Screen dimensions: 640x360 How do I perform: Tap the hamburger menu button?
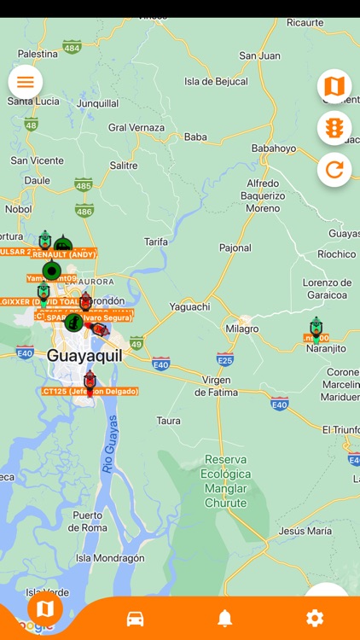point(26,82)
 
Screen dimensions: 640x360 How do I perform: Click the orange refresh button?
point(334,170)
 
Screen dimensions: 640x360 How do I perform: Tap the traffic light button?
point(334,128)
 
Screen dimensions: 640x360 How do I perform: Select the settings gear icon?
point(315,619)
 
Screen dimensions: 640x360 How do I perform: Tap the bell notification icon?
point(225,619)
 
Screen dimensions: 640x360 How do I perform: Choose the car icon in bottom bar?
point(135,619)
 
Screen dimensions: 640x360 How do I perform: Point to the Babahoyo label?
point(274,148)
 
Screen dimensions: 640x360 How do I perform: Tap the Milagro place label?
point(242,329)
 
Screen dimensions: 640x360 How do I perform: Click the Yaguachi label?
point(189,306)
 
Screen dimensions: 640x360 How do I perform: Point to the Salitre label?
point(124,166)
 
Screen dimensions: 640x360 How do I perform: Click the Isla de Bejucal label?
point(216,82)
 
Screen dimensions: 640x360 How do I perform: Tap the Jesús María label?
point(306,531)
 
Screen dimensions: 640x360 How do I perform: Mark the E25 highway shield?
point(225,358)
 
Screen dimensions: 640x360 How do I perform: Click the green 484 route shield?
point(72,48)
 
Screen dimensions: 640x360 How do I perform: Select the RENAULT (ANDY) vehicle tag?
point(65,254)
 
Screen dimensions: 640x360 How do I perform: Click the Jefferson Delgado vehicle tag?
point(89,392)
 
